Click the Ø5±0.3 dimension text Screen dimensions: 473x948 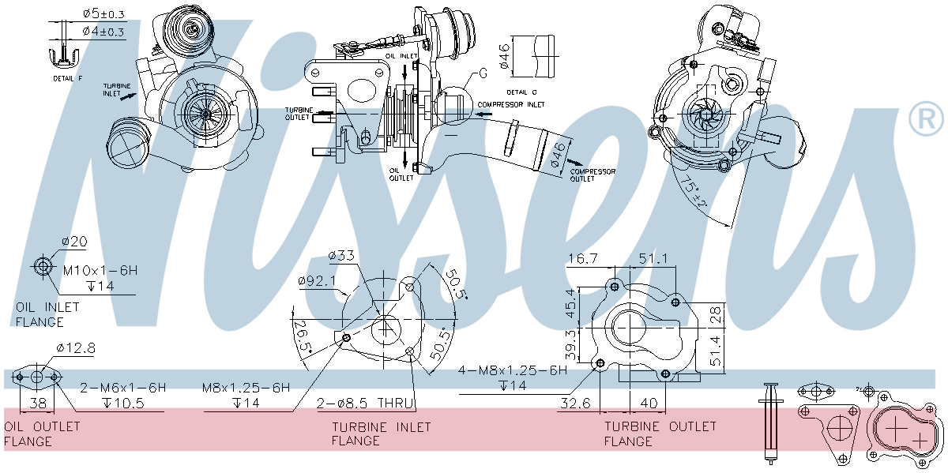pos(103,13)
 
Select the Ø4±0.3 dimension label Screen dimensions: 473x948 pos(103,32)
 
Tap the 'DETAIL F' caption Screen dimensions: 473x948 pos(68,79)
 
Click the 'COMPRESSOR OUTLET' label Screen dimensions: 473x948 pos(592,175)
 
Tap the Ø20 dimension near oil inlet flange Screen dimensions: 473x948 pos(75,241)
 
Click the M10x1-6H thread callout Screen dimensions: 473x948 pos(101,270)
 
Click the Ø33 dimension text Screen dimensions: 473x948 pos(341,255)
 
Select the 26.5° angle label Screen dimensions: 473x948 pos(302,339)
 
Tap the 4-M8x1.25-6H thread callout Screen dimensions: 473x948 pos(513,370)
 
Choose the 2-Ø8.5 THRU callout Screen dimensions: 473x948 pos(366,403)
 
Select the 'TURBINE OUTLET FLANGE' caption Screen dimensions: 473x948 pos(660,434)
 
